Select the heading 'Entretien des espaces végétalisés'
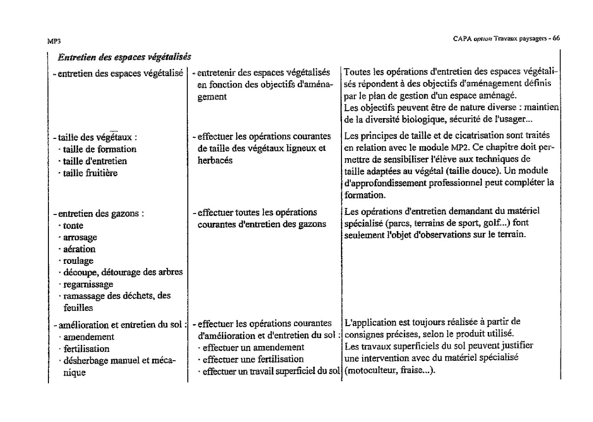124,57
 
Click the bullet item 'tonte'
74,226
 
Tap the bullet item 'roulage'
79,261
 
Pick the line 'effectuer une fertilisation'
253,359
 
